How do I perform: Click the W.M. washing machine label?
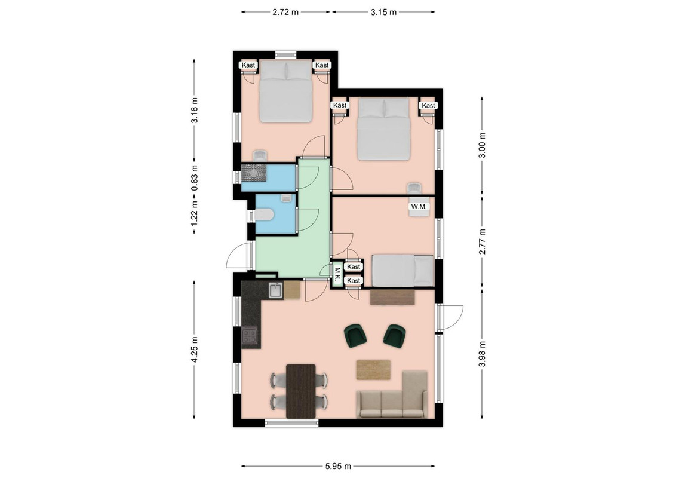[x=419, y=207]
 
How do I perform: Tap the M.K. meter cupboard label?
[x=337, y=275]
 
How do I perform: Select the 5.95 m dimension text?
[x=338, y=466]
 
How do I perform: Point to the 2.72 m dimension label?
[x=285, y=12]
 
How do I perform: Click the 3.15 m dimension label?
[x=384, y=12]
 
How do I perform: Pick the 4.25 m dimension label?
[x=195, y=350]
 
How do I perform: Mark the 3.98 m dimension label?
[x=482, y=354]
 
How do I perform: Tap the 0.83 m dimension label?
[x=195, y=178]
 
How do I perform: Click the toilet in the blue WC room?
[x=263, y=215]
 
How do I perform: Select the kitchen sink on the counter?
[x=276, y=290]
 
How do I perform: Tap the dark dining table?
[x=301, y=391]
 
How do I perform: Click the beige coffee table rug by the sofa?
[x=373, y=370]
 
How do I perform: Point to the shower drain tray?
[x=254, y=172]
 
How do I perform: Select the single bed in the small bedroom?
[x=402, y=271]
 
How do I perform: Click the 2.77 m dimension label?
[x=482, y=241]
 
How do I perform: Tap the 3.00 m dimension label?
[x=482, y=145]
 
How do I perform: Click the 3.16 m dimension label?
[x=195, y=110]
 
